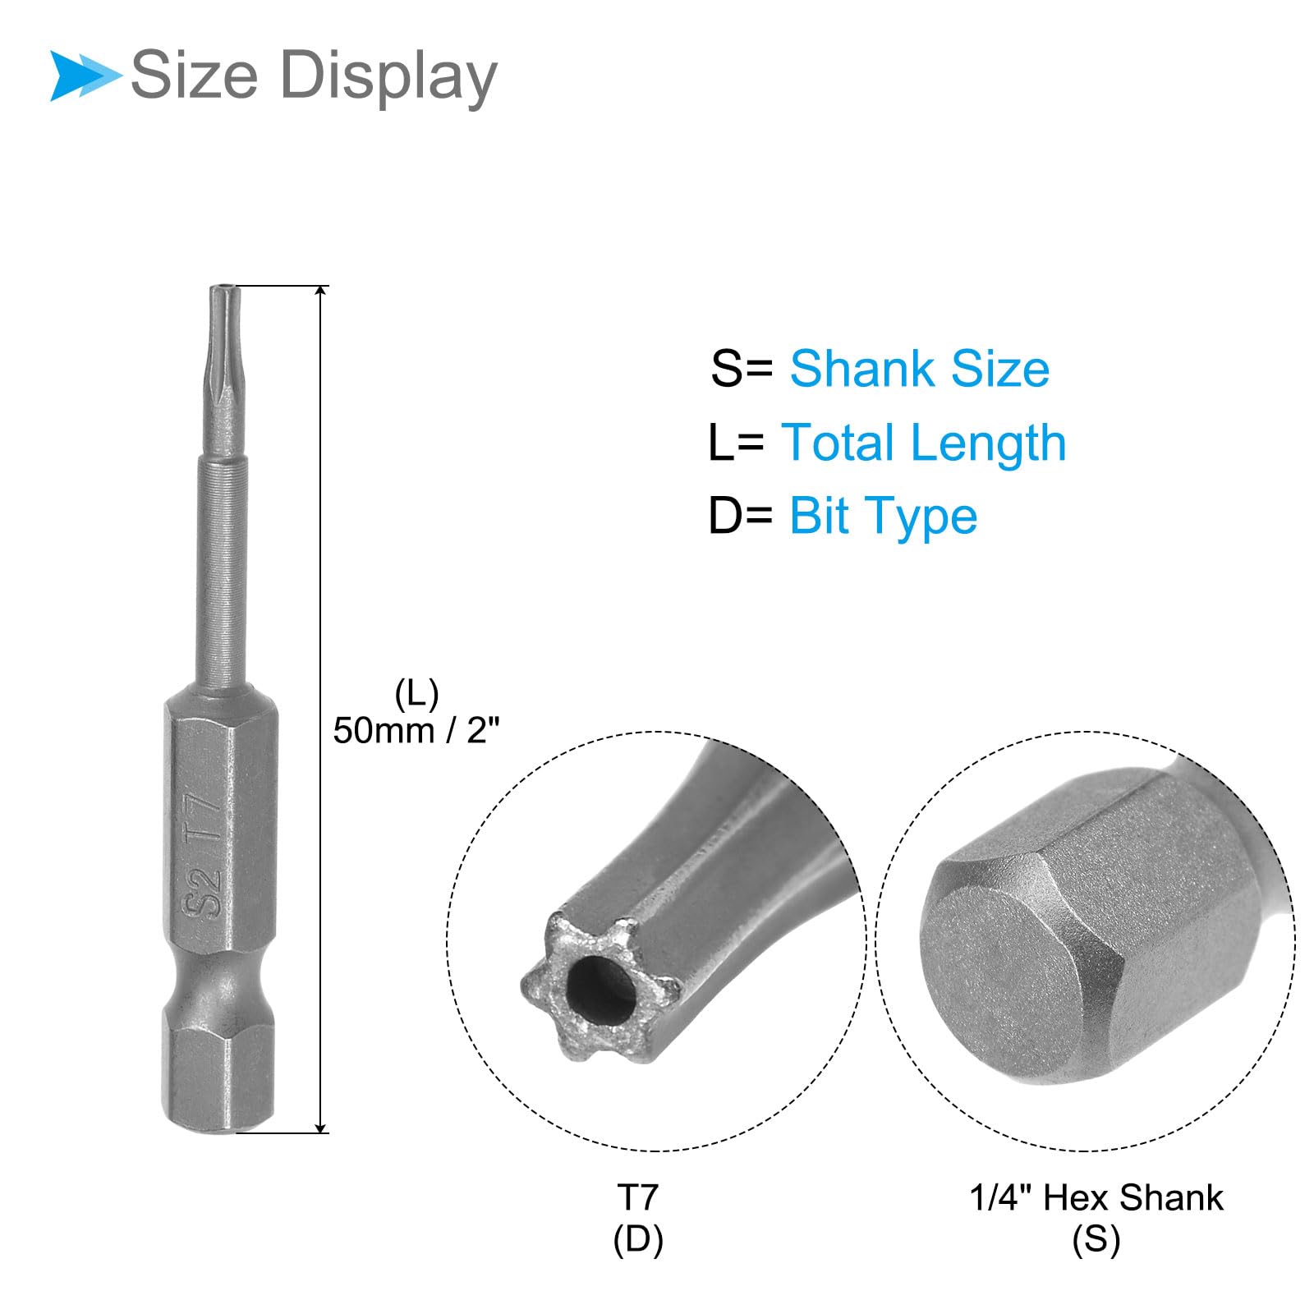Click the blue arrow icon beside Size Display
(85, 76)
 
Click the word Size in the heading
(195, 75)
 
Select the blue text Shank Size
(919, 368)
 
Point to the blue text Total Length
(924, 443)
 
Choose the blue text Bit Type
(884, 517)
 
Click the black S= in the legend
(741, 368)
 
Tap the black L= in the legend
(736, 443)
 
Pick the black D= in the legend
(741, 516)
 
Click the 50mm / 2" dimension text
(416, 730)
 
